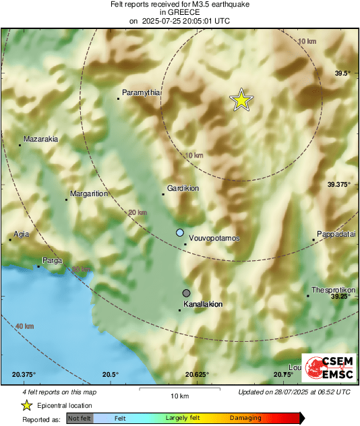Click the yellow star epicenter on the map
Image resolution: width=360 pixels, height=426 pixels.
(x=241, y=100)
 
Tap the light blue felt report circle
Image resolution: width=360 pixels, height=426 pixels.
(x=179, y=233)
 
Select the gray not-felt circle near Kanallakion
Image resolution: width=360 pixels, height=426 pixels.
(x=187, y=293)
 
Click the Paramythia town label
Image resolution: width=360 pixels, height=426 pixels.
(x=140, y=92)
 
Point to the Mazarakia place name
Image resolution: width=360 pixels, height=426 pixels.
(x=41, y=140)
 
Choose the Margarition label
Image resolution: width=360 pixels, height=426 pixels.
(x=89, y=193)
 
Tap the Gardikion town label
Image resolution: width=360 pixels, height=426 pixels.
(x=183, y=189)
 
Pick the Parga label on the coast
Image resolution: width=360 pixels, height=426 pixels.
(x=52, y=260)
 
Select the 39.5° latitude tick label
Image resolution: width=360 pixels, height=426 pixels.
(x=343, y=73)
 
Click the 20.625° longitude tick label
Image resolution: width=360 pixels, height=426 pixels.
(x=196, y=375)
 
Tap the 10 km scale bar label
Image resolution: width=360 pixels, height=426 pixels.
(x=179, y=396)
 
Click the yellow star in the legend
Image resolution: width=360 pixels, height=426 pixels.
(x=26, y=405)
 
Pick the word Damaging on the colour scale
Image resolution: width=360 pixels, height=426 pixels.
(x=245, y=418)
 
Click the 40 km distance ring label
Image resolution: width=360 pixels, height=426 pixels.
(x=24, y=326)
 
